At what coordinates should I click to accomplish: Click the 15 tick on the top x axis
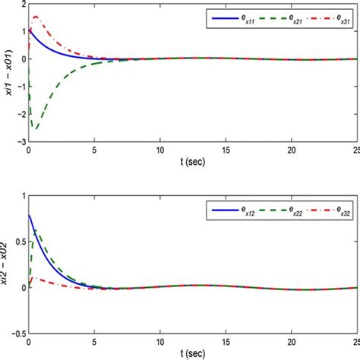click(x=226, y=150)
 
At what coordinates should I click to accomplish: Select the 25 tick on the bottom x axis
click(x=355, y=342)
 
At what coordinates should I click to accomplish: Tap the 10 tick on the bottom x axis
click(x=159, y=342)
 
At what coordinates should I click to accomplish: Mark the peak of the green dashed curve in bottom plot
click(x=34, y=228)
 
